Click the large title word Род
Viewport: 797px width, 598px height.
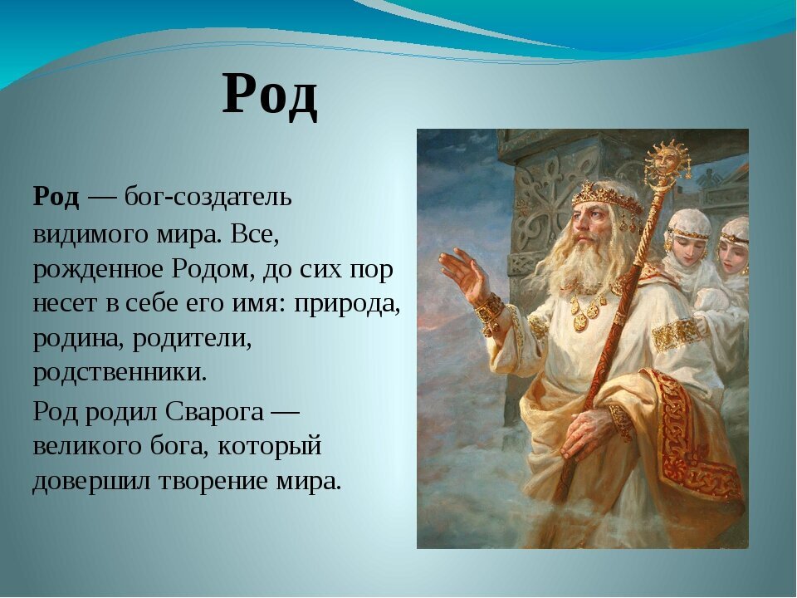pyautogui.click(x=270, y=95)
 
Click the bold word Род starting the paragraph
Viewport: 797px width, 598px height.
pyautogui.click(x=56, y=198)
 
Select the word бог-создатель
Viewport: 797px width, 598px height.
pyautogui.click(x=208, y=198)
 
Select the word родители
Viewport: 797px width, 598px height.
pyautogui.click(x=192, y=339)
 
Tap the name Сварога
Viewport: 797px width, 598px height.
pyautogui.click(x=214, y=411)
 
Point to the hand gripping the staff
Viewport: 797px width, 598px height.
pyautogui.click(x=589, y=432)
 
